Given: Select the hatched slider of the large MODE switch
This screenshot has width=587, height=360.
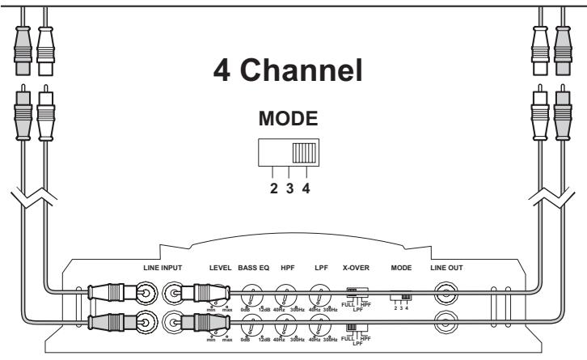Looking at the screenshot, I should pos(305,153).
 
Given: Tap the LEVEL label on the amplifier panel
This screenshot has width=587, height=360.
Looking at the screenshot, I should pos(220,266).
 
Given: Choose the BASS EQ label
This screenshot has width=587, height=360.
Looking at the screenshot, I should pos(255,266).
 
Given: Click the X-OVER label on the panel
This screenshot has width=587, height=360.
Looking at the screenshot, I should pos(357,266).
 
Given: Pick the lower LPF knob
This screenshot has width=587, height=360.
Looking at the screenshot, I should pos(321,325).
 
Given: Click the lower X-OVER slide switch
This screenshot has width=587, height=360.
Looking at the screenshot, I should pos(353,327).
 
